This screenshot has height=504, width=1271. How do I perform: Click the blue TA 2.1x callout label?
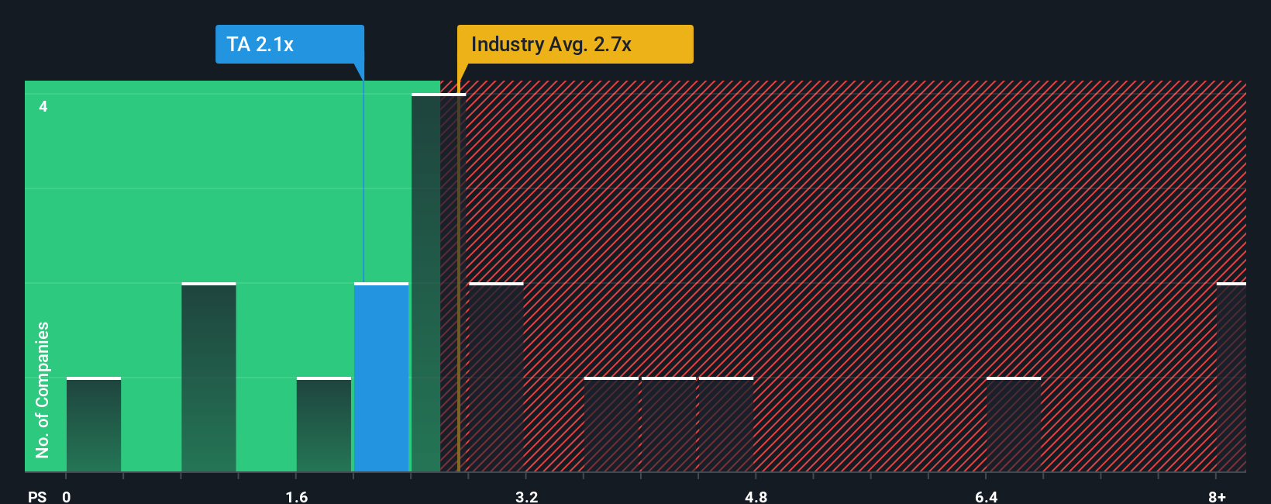point(289,44)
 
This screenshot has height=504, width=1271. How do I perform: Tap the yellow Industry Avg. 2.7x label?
point(574,44)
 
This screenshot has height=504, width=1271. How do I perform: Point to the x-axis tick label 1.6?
point(297,497)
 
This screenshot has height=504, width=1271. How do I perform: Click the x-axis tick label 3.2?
point(527,497)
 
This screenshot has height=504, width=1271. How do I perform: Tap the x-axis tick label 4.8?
point(756,497)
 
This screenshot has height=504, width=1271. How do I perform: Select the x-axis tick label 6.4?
point(986,497)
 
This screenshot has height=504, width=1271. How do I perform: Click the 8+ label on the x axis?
point(1217,497)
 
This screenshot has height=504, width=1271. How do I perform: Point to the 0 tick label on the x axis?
point(67,497)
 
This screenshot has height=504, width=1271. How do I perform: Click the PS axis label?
point(37,497)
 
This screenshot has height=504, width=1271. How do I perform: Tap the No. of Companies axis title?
point(43,389)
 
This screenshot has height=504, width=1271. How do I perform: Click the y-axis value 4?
point(43,106)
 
